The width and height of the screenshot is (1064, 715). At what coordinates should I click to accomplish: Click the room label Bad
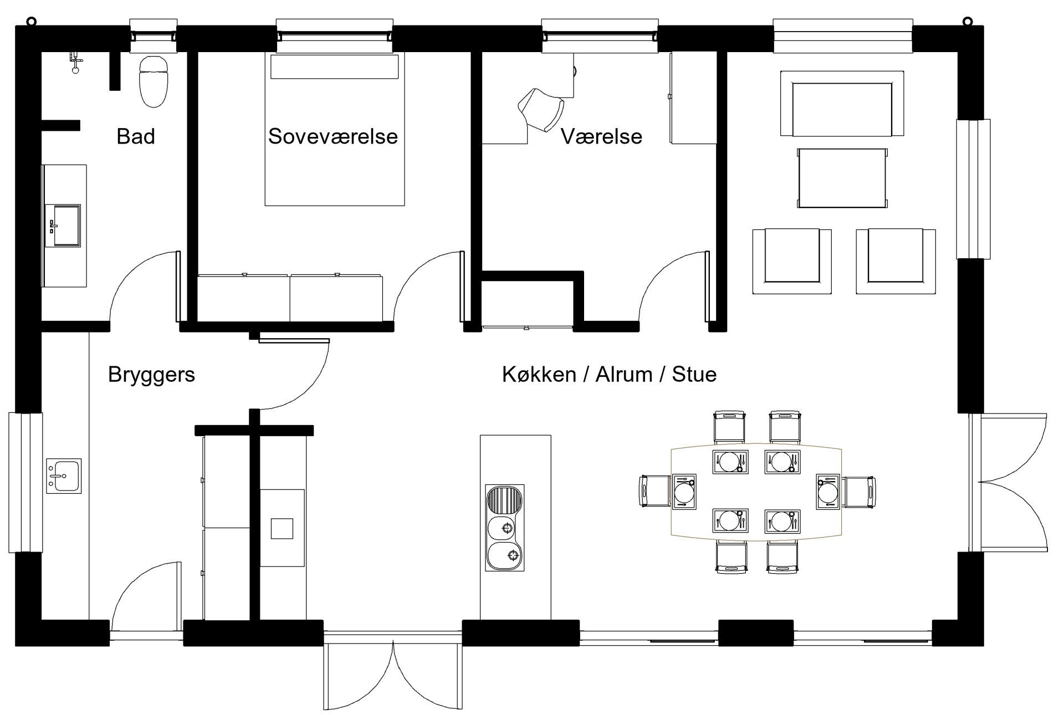tap(135, 136)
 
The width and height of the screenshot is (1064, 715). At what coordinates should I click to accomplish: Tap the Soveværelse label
tap(333, 136)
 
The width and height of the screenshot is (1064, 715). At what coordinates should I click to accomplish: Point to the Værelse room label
tap(601, 136)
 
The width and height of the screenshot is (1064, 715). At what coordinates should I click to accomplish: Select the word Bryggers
tap(151, 375)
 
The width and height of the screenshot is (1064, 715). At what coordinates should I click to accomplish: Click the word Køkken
tap(539, 375)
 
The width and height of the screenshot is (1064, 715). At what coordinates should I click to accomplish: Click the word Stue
tap(694, 375)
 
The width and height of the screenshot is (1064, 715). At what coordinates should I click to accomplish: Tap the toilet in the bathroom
tap(152, 81)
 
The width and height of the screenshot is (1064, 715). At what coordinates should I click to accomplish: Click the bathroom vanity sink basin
tap(63, 225)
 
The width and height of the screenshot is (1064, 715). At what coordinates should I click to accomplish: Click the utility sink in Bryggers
tap(64, 476)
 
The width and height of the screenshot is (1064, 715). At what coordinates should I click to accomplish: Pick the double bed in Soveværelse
tap(335, 130)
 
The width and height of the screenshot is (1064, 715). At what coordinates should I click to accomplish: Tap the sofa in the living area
tap(842, 104)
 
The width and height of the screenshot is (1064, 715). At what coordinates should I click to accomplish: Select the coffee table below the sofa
tap(842, 178)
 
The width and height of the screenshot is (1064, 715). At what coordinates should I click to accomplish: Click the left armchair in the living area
tap(791, 261)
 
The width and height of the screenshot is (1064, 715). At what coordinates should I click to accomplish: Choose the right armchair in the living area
tap(896, 261)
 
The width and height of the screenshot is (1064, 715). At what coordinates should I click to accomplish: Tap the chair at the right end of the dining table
tap(858, 491)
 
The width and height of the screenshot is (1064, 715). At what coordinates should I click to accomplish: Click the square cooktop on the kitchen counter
tap(282, 528)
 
